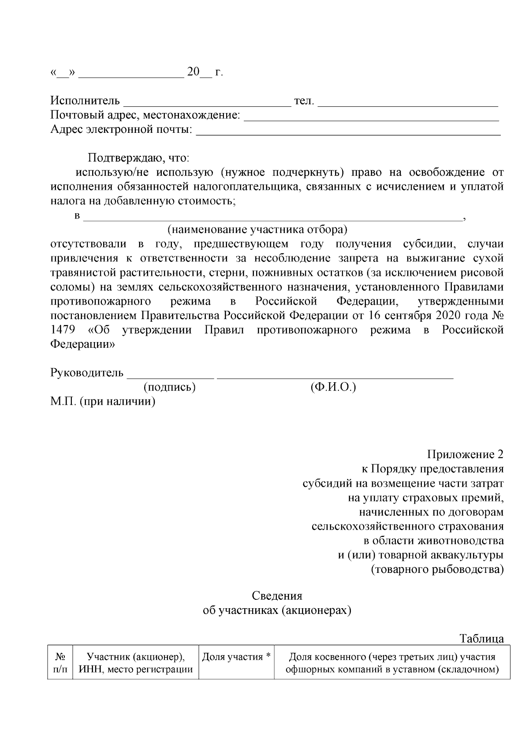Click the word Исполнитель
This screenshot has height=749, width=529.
(x=85, y=101)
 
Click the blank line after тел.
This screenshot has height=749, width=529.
(x=408, y=104)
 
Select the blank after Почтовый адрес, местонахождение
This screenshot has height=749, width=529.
(x=371, y=118)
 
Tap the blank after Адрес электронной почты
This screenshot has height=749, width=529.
(x=348, y=132)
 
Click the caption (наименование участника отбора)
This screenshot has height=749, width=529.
(x=257, y=230)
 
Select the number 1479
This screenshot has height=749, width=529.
(x=63, y=330)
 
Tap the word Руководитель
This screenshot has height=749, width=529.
(x=87, y=373)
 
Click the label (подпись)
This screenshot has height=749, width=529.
(x=170, y=388)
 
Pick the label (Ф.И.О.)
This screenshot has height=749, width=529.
(x=333, y=388)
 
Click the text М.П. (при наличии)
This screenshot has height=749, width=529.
(x=103, y=402)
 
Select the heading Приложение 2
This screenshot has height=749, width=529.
(x=465, y=454)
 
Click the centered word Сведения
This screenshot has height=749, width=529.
(x=277, y=596)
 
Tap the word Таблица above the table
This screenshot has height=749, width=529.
(x=481, y=639)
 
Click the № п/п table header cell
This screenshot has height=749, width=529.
(x=60, y=663)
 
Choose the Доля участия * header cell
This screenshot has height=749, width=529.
(x=236, y=658)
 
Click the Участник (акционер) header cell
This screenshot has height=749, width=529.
(x=135, y=663)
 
